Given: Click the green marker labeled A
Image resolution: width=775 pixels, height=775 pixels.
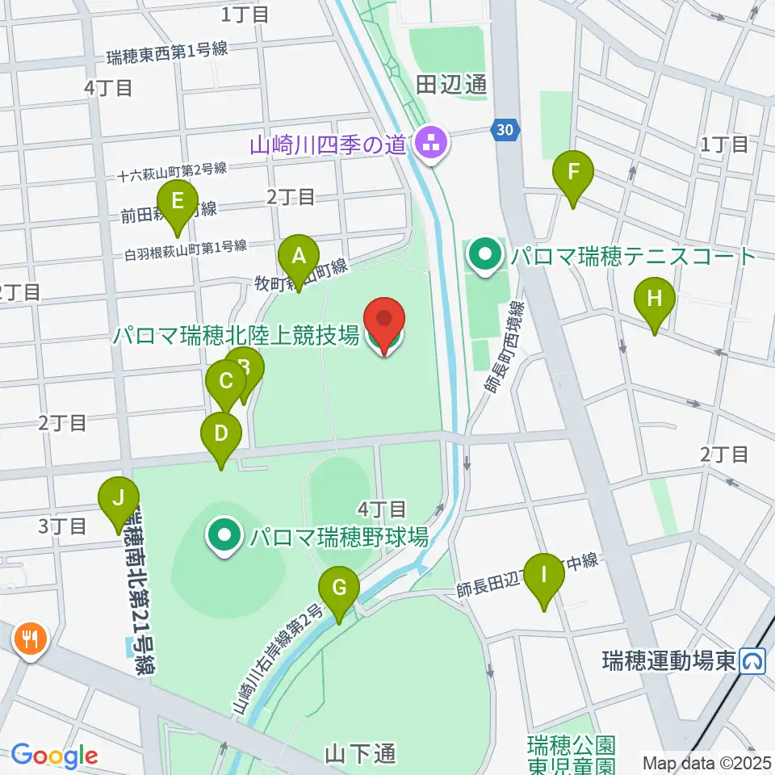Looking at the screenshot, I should (299, 258).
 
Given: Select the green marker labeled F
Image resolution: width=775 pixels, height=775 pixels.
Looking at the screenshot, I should (573, 173).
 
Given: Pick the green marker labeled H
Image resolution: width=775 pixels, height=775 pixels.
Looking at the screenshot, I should (655, 300).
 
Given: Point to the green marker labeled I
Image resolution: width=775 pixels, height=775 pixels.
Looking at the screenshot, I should (544, 576).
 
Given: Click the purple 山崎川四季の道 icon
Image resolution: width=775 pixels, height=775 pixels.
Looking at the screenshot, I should (429, 145).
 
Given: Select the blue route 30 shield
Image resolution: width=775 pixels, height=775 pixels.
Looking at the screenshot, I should (504, 129).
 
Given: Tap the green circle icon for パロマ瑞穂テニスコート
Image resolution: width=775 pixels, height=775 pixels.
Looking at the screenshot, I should (485, 257).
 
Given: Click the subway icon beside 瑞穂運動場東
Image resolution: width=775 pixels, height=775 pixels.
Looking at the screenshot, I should (754, 662).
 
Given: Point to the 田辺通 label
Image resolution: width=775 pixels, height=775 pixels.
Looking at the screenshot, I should (452, 85).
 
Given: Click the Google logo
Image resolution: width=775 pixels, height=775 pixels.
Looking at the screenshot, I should (54, 756).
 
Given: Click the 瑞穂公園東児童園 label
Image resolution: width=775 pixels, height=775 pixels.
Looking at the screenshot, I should (572, 752).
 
